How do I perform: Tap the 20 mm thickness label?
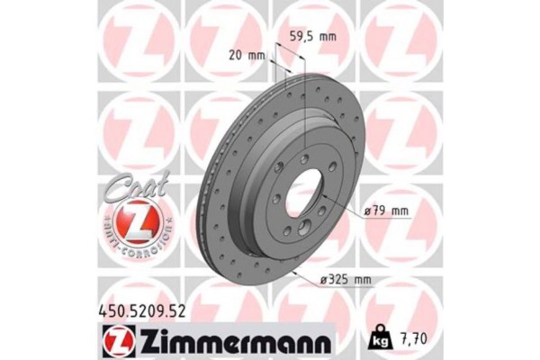[x=249, y=56]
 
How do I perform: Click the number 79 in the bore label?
[x=382, y=212]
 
